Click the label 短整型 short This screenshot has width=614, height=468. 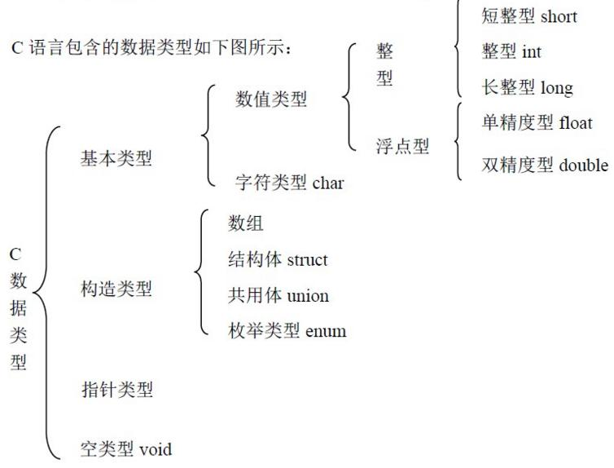point(529,17)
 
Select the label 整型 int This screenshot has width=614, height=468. point(511,52)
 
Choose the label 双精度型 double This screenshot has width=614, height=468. point(544,166)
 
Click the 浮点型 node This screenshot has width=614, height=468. point(402,148)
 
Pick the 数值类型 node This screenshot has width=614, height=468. point(271,99)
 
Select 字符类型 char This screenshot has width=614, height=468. point(289,183)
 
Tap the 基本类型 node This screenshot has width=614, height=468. point(116,158)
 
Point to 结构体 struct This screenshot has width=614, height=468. point(278,260)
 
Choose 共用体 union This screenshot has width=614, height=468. point(278,295)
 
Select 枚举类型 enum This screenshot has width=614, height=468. point(287,331)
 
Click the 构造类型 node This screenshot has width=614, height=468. point(116,289)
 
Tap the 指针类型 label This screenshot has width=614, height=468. point(116,390)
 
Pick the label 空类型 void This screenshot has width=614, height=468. point(125,448)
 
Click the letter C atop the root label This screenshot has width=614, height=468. point(15,254)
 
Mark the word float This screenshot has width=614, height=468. point(576,123)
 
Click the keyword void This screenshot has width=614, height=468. point(156,448)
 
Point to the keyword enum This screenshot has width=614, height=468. point(326,331)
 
